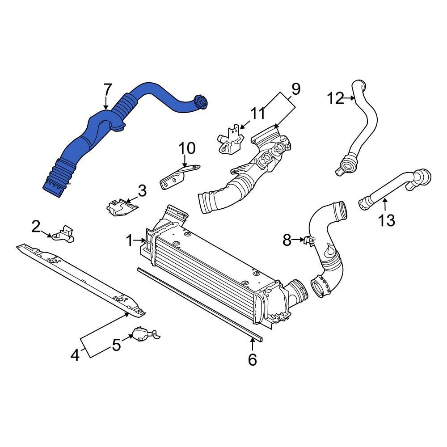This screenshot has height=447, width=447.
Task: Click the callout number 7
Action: [107, 90]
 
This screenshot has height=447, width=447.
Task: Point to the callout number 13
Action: [387, 220]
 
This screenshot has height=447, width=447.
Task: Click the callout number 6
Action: [253, 359]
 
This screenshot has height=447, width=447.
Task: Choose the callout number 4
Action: [75, 355]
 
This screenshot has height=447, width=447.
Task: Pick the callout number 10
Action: [187, 148]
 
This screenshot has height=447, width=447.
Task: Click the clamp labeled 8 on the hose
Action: [308, 241]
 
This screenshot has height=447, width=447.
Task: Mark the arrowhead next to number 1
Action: [144, 241]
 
